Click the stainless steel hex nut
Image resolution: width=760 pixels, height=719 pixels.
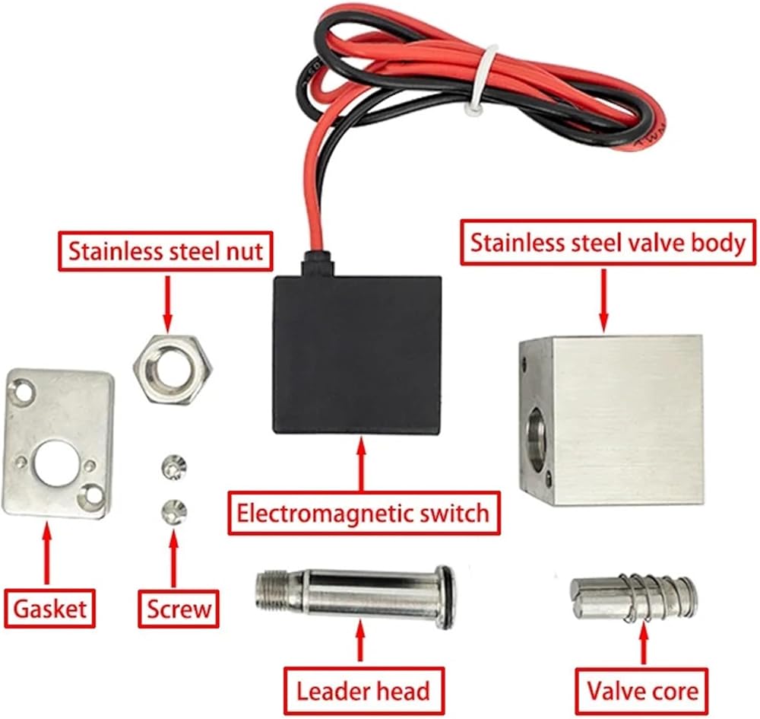(173, 370)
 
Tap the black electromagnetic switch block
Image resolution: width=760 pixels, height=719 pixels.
(358, 354)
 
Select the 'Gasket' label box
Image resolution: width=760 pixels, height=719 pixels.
(49, 609)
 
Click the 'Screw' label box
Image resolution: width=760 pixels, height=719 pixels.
(179, 609)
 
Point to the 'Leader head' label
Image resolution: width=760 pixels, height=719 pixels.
(363, 691)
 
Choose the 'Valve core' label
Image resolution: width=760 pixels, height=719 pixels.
(641, 691)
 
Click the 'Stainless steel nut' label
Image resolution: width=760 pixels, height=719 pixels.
(165, 251)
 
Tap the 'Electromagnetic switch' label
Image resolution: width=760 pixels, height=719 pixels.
(363, 513)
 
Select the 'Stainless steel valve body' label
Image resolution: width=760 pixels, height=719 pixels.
(608, 243)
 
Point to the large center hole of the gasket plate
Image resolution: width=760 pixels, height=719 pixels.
(55, 463)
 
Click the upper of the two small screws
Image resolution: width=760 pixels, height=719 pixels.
(173, 467)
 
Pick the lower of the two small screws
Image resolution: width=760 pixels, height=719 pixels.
(173, 511)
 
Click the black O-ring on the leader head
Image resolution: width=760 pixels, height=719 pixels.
(446, 597)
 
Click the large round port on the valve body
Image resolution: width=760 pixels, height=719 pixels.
(536, 439)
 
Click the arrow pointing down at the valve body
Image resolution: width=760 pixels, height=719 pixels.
(603, 301)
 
